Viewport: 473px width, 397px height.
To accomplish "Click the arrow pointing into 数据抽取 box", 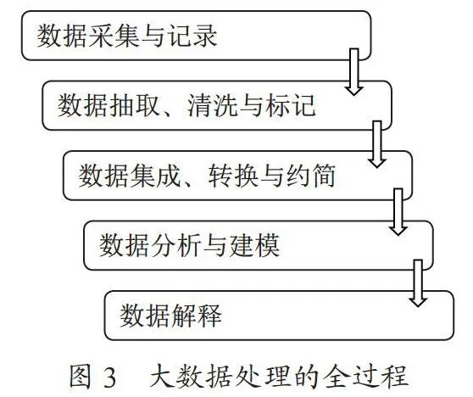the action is pyautogui.click(x=353, y=72).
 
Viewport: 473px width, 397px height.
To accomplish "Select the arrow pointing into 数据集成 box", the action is pyautogui.click(x=377, y=144).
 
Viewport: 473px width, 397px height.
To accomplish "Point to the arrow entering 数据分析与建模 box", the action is pyautogui.click(x=398, y=212).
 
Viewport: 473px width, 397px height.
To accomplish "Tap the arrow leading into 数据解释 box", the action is pyautogui.click(x=418, y=282).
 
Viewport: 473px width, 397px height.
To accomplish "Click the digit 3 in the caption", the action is pyautogui.click(x=110, y=377).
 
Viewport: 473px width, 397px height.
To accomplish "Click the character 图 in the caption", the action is pyautogui.click(x=80, y=376).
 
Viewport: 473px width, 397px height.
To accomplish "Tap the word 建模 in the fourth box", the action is pyautogui.click(x=254, y=245).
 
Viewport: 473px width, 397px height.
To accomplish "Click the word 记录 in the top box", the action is pyautogui.click(x=192, y=36).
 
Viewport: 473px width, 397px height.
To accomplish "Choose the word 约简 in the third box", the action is pyautogui.click(x=311, y=175).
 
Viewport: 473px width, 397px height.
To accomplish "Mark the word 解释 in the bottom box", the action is pyautogui.click(x=196, y=316).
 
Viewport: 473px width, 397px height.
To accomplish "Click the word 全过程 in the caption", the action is pyautogui.click(x=365, y=376).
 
